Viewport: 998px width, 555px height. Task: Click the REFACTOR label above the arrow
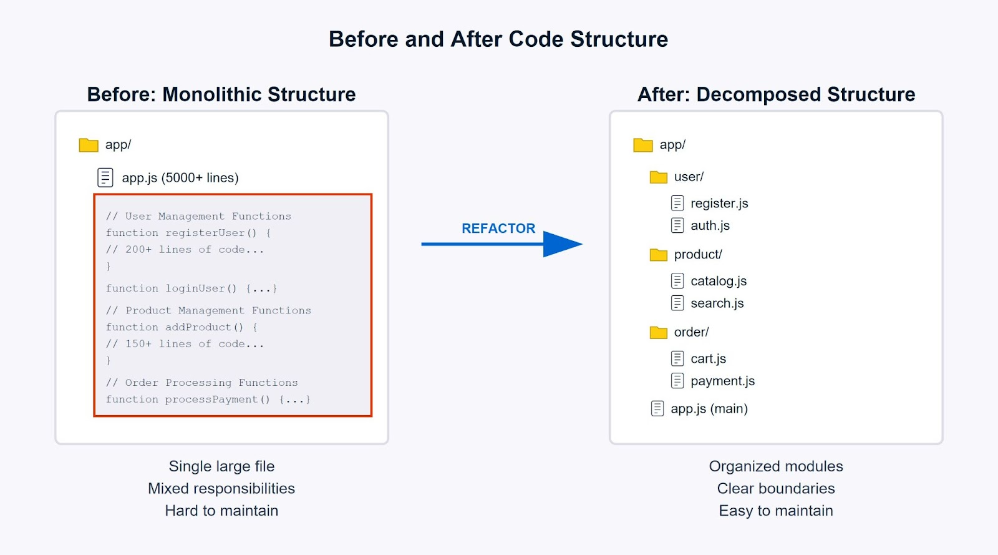point(498,228)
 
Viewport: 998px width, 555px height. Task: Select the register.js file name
point(719,204)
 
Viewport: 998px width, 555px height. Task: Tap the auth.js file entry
point(709,226)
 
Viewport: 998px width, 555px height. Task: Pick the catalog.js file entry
point(718,282)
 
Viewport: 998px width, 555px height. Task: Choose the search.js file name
point(717,303)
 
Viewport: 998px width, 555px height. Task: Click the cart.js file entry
point(708,359)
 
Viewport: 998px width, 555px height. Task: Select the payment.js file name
point(722,381)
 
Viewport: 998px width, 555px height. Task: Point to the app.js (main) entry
point(709,409)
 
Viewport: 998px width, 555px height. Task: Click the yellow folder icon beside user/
point(658,177)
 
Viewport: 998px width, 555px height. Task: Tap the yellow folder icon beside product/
point(658,255)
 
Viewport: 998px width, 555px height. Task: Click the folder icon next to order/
point(658,333)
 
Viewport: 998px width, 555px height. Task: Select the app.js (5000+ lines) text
point(180,178)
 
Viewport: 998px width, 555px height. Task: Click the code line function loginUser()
point(191,288)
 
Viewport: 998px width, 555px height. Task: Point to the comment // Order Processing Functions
point(201,383)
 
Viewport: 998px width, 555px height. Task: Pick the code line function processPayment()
point(208,400)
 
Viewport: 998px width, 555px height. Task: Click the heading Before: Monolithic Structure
point(221,94)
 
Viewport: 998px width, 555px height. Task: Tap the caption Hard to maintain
point(221,511)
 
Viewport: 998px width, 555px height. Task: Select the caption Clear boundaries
point(775,489)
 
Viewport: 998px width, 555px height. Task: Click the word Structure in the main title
point(619,39)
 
